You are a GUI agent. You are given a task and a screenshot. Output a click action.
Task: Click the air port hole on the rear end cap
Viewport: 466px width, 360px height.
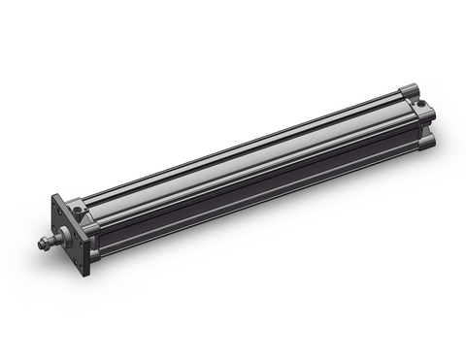click(420, 100)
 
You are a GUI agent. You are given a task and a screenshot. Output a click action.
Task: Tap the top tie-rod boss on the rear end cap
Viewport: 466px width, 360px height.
click(408, 88)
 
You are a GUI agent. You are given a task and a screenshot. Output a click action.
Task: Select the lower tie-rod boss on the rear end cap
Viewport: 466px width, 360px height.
click(427, 142)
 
